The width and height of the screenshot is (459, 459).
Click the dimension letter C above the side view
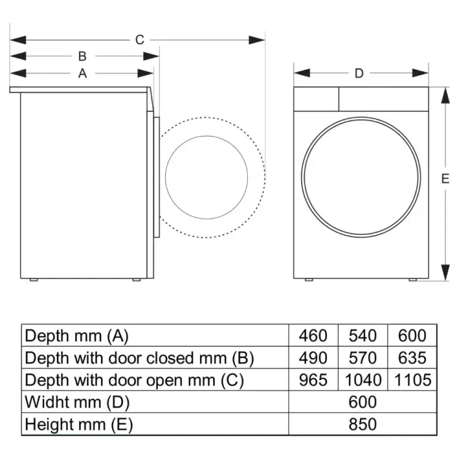tap(140, 40)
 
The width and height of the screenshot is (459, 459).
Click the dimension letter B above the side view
tap(82, 56)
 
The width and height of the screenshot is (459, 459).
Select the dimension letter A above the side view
tap(82, 73)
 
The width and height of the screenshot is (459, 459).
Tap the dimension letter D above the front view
tap(359, 73)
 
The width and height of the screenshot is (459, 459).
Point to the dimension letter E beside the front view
tap(445, 179)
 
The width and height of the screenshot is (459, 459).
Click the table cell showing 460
tap(313, 335)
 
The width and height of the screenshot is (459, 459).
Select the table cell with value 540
tap(362, 335)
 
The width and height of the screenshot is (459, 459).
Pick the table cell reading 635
tap(412, 358)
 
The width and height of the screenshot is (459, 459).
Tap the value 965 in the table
tap(313, 380)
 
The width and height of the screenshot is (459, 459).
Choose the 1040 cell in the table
tap(363, 380)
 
